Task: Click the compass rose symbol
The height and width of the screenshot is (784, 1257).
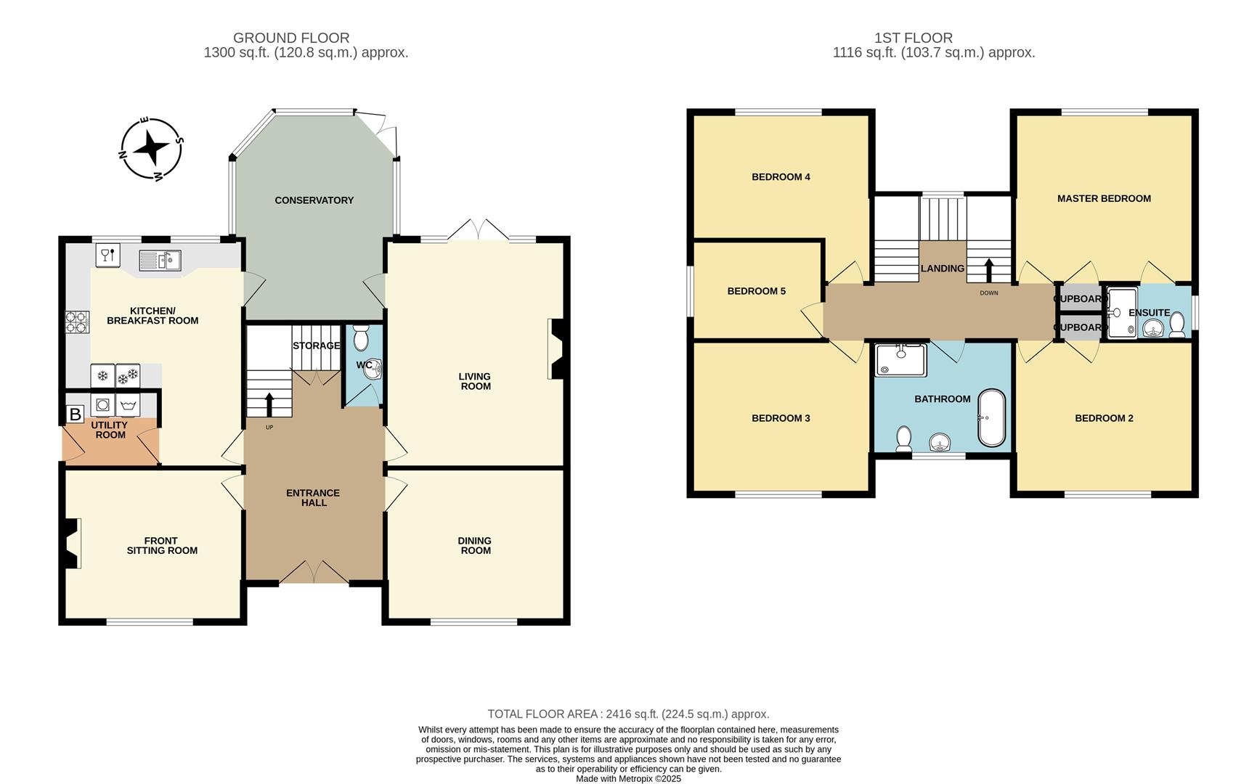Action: coord(151,149)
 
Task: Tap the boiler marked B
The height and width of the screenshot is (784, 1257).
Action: coord(75,415)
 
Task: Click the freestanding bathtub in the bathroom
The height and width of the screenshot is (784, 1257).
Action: coord(992,418)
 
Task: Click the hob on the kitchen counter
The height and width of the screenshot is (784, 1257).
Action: coord(77,322)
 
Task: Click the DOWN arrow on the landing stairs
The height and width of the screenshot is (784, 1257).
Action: coord(988,271)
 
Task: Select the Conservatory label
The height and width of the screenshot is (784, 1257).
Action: coord(314,200)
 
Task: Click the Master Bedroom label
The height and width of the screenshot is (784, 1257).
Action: coord(1104,198)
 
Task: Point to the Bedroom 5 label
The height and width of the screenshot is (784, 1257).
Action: coord(757,291)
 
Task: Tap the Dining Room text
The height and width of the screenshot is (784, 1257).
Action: coord(476,545)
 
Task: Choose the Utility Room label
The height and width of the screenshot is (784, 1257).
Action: coord(110,430)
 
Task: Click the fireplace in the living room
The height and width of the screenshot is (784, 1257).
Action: coord(556,349)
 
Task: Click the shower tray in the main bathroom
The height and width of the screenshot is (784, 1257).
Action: coord(900,361)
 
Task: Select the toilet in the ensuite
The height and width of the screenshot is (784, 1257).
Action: coord(1177,325)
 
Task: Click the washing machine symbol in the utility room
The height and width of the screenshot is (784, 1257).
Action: coord(129,404)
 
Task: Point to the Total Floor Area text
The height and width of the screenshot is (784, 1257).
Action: coord(628,714)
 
